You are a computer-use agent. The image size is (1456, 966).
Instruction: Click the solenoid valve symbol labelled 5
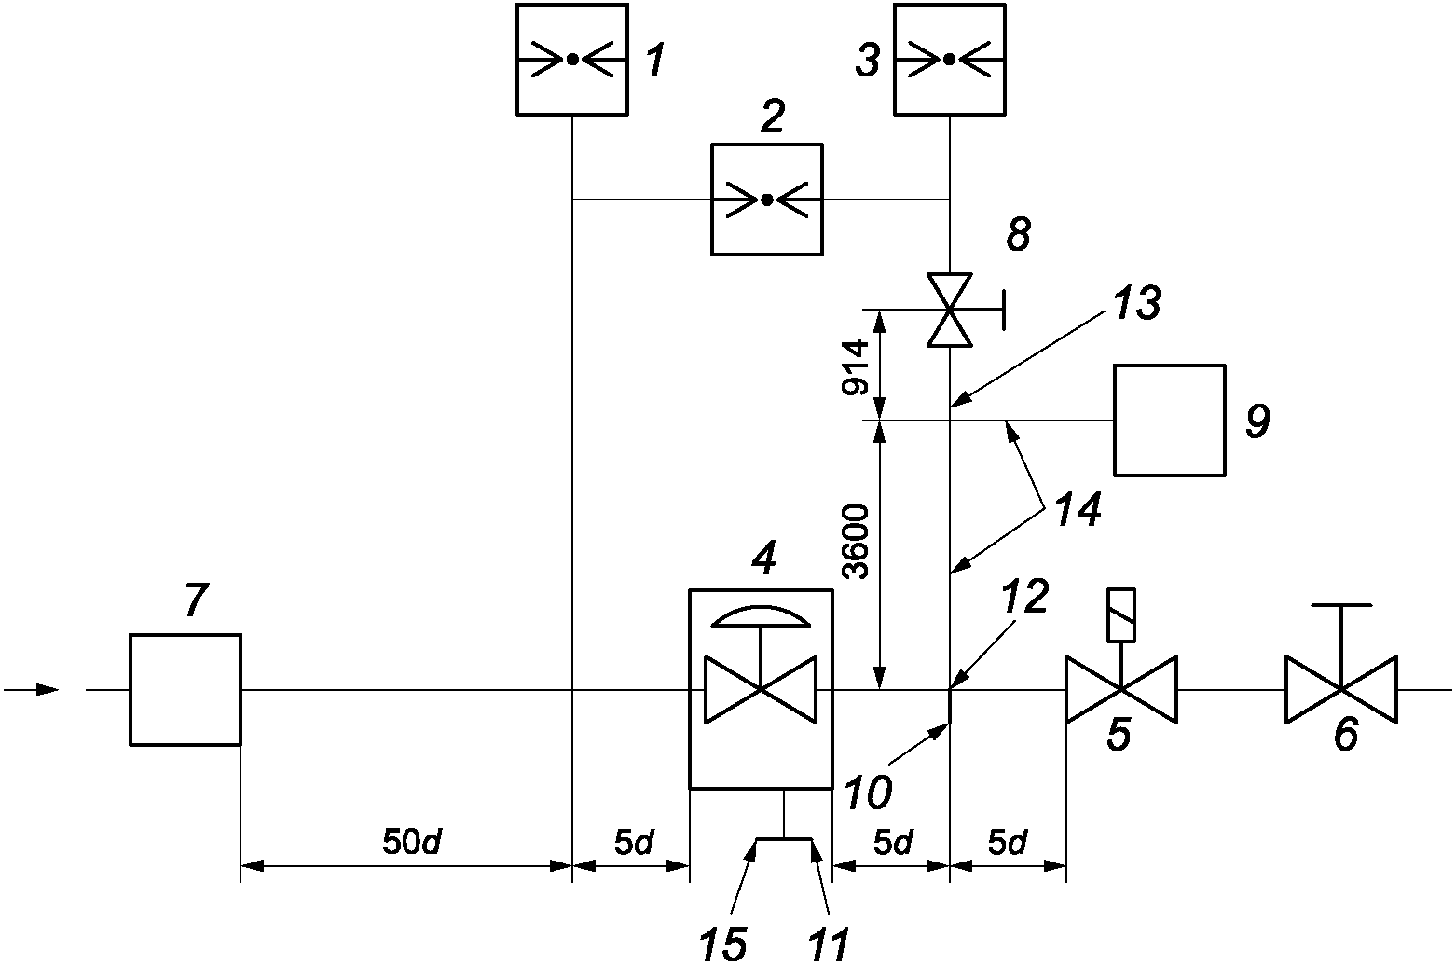click(x=1120, y=689)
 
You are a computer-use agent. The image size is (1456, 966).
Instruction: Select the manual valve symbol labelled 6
click(x=1341, y=689)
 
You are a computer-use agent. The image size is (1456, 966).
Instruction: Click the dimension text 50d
click(x=411, y=843)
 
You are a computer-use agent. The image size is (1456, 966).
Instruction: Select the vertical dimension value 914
click(x=854, y=366)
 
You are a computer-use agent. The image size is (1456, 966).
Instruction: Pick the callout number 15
click(x=722, y=944)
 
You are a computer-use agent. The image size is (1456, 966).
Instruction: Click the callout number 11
click(x=828, y=944)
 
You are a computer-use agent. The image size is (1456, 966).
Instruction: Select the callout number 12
click(x=1024, y=596)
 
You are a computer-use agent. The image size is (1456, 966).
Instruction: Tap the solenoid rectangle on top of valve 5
click(x=1120, y=615)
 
